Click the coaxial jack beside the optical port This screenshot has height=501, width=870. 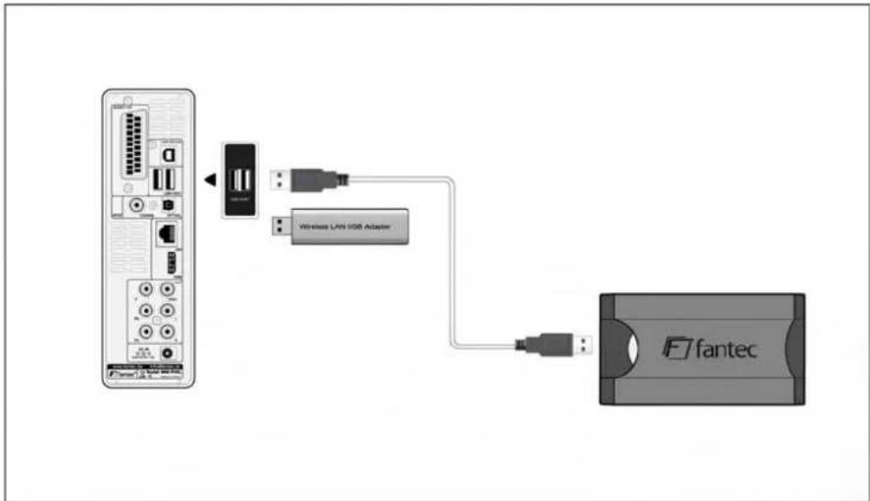137,205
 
